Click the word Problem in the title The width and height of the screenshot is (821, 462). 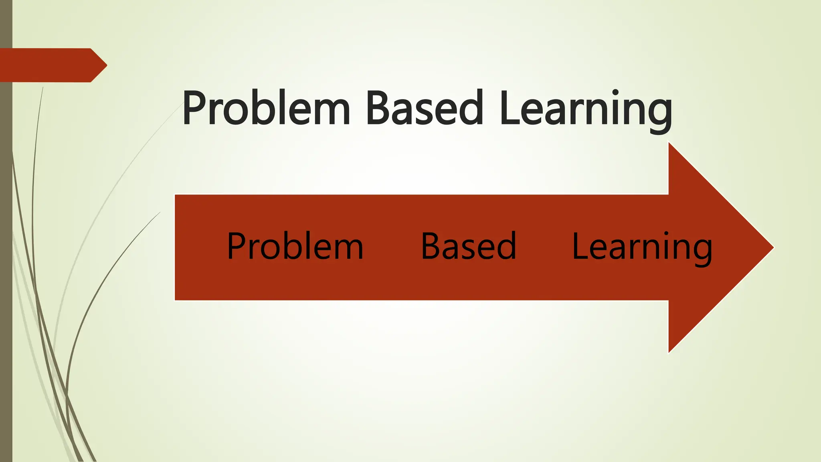(x=266, y=108)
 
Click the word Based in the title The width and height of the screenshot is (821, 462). (x=424, y=108)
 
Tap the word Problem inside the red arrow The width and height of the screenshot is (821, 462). (x=295, y=246)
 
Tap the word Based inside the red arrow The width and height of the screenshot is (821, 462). (x=468, y=246)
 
